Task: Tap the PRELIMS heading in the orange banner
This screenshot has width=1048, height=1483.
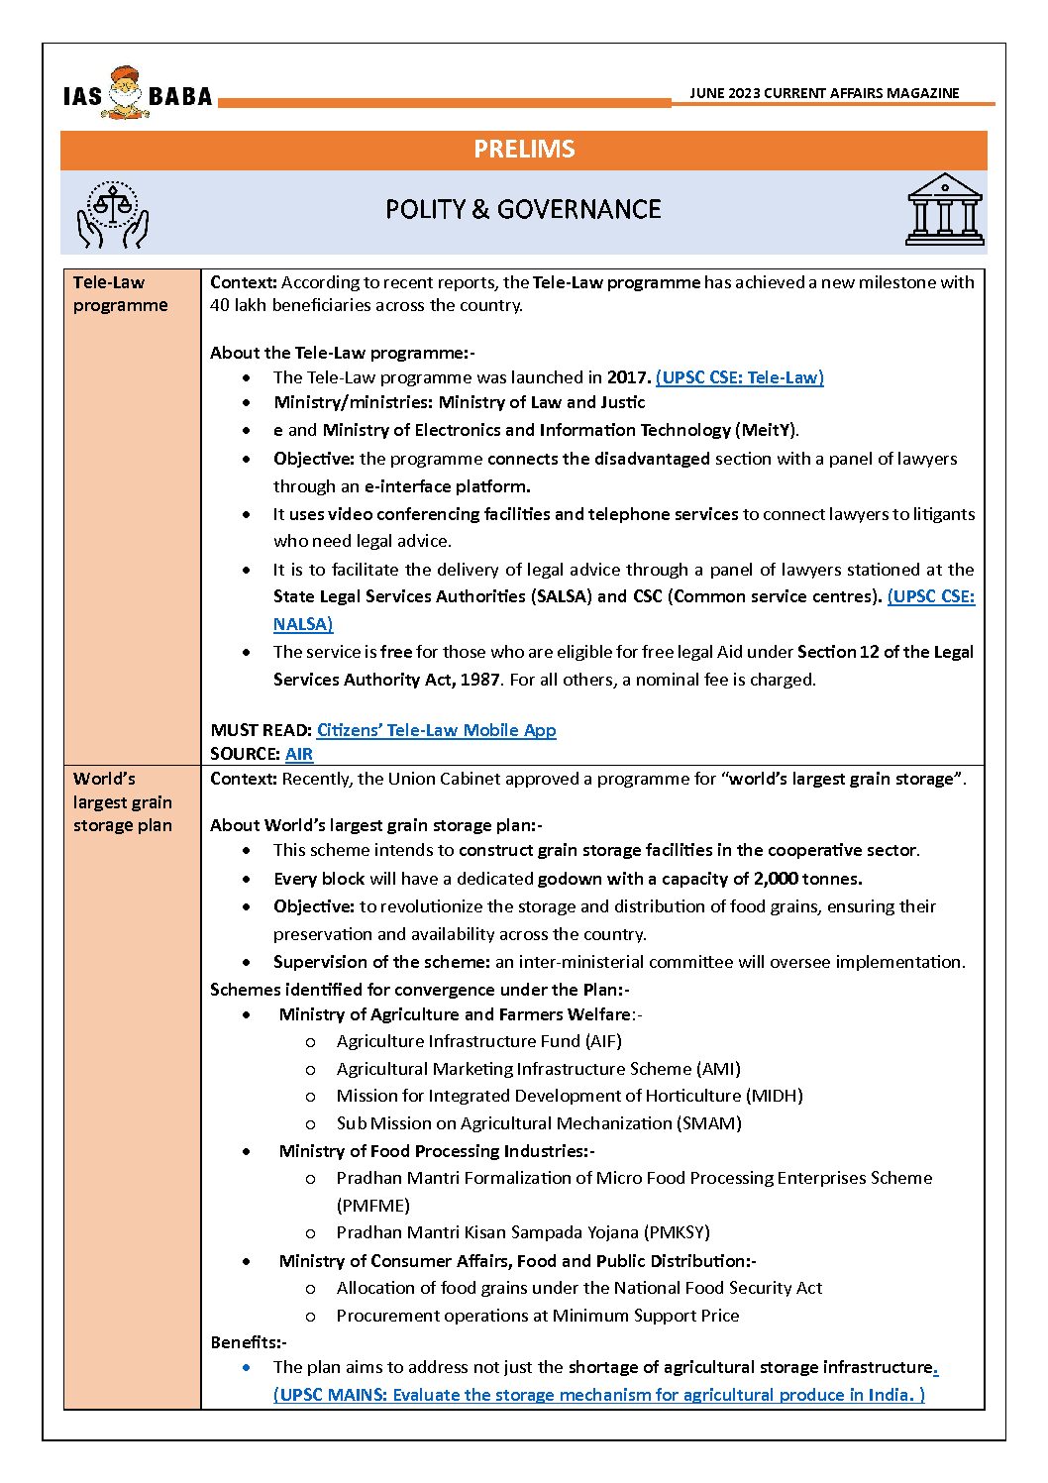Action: [x=524, y=150]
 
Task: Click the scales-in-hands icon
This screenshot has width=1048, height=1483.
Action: [x=113, y=214]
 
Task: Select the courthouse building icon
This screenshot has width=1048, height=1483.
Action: [x=945, y=210]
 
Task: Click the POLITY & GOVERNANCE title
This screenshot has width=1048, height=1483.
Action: [x=523, y=209]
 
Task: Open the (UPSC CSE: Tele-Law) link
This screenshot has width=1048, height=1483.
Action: [x=740, y=377]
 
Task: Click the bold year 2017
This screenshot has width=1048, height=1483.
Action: [x=628, y=377]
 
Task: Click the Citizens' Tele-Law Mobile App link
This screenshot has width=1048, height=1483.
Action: [x=436, y=730]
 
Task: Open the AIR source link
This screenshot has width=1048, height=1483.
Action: [x=299, y=754]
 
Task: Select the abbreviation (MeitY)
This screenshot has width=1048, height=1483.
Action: [x=767, y=430]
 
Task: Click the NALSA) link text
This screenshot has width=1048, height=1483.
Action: [x=303, y=624]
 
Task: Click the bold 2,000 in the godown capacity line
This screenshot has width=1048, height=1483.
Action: [x=776, y=879]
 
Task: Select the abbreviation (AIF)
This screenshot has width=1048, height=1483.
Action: [x=602, y=1041]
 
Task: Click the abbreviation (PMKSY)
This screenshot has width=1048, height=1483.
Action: [x=678, y=1232]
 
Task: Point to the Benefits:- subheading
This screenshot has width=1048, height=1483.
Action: [x=249, y=1342]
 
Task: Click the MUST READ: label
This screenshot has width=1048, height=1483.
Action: [x=262, y=730]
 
